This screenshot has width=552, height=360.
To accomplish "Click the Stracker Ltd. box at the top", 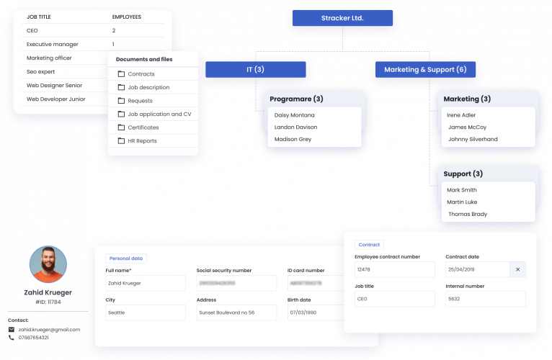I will click(x=342, y=18).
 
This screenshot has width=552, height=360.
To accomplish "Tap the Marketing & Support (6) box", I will click(x=425, y=69).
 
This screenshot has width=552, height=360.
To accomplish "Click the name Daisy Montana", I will click(x=295, y=114).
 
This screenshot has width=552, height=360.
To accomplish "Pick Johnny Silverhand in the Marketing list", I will click(x=473, y=139).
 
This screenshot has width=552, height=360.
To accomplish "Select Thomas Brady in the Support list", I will click(x=468, y=214).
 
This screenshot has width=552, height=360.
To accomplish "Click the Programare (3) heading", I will click(x=296, y=99).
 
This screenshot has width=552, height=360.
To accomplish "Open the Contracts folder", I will click(x=141, y=74).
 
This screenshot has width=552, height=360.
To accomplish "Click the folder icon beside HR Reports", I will click(x=121, y=141).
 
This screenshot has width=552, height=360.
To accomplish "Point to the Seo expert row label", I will click(x=41, y=71).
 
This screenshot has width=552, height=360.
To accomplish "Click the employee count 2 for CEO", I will click(x=114, y=31).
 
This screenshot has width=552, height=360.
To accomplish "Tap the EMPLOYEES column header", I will click(x=127, y=16).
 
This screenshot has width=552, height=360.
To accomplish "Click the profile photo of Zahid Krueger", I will click(x=48, y=264).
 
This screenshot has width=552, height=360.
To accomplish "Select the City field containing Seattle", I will click(x=145, y=312).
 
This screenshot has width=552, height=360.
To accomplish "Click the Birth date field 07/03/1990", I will click(x=313, y=312).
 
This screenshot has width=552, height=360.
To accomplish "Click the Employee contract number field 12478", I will click(x=394, y=269).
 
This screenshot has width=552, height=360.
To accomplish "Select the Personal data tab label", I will click(x=126, y=258).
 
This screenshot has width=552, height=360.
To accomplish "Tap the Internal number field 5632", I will click(x=485, y=299).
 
